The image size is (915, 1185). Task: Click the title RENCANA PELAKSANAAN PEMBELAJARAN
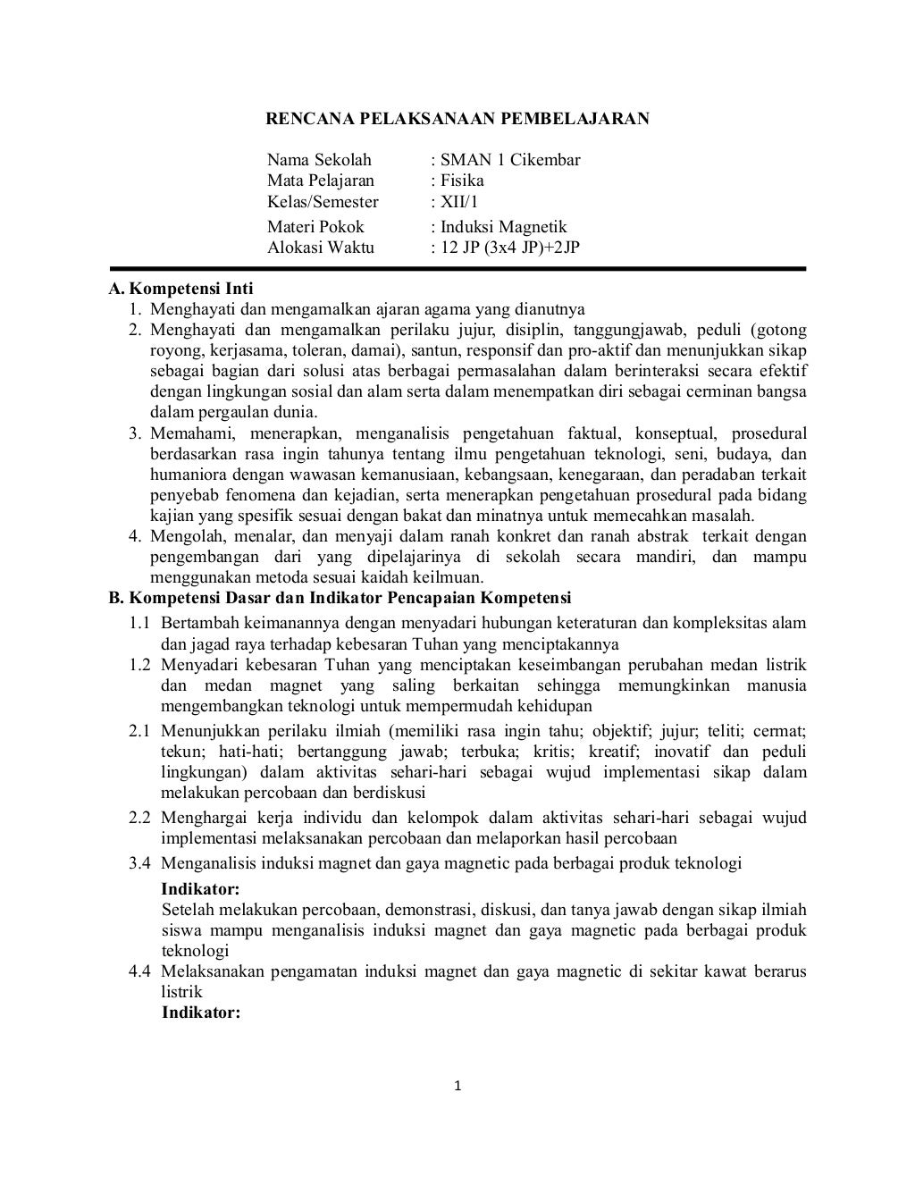click(458, 118)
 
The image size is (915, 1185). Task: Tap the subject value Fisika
click(462, 181)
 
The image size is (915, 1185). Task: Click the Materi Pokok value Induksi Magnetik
click(503, 227)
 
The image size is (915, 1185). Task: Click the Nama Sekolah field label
click(319, 160)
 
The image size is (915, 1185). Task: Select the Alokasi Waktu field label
click(321, 248)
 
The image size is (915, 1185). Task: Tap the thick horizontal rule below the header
click(457, 268)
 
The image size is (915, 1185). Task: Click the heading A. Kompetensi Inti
click(180, 289)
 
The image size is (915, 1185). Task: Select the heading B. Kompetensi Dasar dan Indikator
click(340, 598)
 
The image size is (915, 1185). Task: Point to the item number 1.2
click(139, 665)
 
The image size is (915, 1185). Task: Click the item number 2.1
click(139, 731)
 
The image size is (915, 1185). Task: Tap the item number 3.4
click(139, 863)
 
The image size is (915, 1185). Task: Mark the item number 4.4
click(139, 971)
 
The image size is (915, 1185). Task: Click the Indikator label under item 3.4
click(200, 889)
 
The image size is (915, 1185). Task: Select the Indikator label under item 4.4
click(200, 1013)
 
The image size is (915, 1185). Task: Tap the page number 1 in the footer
click(457, 1087)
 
